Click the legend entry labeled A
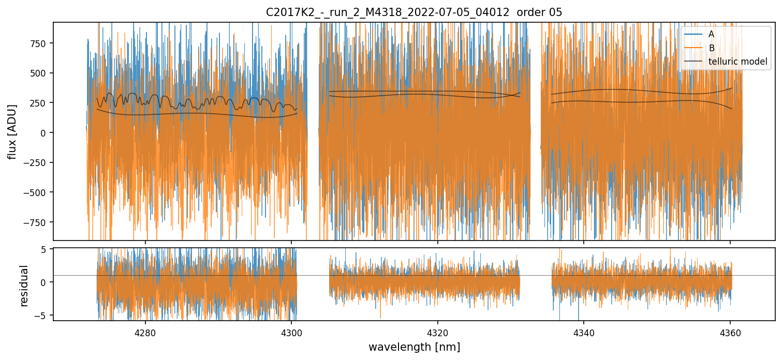[711, 34]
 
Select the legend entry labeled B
[711, 48]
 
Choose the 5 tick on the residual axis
[43, 249]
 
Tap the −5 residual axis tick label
[41, 315]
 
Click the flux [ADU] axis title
[12, 131]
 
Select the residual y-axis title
[24, 286]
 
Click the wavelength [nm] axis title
[414, 347]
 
